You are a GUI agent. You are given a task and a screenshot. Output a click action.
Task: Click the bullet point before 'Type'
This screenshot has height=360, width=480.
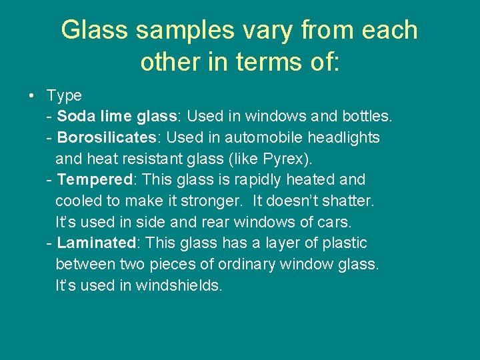click(32, 96)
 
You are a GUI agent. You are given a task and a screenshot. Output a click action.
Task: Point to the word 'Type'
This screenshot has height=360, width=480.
click(64, 96)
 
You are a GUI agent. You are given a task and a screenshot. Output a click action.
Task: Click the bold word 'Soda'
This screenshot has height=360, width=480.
click(77, 117)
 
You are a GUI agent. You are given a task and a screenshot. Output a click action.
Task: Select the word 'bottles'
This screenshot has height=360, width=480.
click(366, 117)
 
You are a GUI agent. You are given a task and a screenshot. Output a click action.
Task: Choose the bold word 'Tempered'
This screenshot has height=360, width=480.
click(95, 180)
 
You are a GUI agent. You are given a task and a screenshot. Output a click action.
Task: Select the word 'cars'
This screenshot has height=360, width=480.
click(333, 222)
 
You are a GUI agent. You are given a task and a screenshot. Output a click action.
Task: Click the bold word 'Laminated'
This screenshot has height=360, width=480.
click(96, 243)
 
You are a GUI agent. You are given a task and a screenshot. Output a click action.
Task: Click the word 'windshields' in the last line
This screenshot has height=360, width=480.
click(178, 286)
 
